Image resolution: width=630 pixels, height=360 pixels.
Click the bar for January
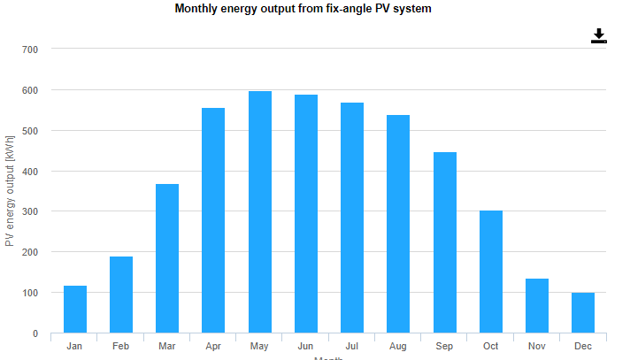click(x=75, y=309)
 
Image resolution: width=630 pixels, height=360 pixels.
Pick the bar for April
click(x=213, y=220)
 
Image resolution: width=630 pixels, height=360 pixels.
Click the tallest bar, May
click(x=260, y=212)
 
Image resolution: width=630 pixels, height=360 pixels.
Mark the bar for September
click(x=445, y=242)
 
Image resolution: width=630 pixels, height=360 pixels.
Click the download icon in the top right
click(x=599, y=35)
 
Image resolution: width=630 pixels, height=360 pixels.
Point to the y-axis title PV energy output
click(x=10, y=190)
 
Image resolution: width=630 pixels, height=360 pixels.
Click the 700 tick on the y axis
click(x=30, y=50)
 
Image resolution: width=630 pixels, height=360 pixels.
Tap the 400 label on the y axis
click(x=30, y=172)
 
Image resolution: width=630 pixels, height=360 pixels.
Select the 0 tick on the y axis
click(x=35, y=333)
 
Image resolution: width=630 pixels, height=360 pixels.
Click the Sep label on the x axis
click(x=445, y=346)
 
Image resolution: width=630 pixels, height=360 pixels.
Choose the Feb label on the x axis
click(x=121, y=346)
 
